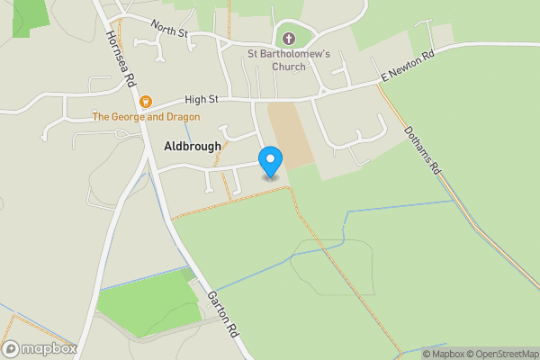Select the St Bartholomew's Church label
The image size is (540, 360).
(x=289, y=59)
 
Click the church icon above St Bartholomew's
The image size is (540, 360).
(x=289, y=39)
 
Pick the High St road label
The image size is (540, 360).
(x=201, y=100)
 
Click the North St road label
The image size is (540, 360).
(x=168, y=31)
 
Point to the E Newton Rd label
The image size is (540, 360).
(x=407, y=67)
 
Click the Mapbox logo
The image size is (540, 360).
(x=40, y=348)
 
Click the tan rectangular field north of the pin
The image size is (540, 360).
(x=290, y=133)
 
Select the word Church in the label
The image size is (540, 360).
(x=289, y=66)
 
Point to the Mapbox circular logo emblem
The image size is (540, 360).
(x=12, y=348)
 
